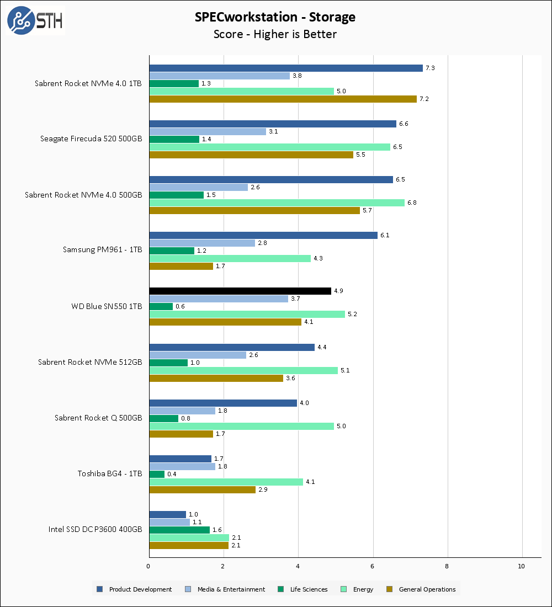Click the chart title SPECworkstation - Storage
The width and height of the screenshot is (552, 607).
(275, 17)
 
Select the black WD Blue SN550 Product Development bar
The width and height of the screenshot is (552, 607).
(240, 291)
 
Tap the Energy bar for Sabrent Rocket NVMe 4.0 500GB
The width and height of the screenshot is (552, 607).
(277, 203)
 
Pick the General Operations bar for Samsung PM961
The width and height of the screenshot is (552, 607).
(181, 266)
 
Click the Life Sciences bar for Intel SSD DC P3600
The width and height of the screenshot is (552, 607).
(179, 530)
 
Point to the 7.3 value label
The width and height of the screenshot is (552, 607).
(430, 68)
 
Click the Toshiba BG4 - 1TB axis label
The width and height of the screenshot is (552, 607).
(109, 473)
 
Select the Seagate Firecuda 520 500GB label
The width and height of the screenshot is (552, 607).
(91, 139)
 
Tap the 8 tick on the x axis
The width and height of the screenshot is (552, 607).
(448, 566)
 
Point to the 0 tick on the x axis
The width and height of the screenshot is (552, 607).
(149, 566)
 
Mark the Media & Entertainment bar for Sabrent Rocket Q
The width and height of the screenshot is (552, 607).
(182, 411)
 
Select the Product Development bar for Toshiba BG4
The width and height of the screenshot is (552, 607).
(181, 459)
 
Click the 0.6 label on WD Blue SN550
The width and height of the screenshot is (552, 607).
(180, 306)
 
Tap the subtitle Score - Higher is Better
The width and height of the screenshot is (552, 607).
(275, 34)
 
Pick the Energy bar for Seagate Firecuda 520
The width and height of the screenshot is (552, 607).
(270, 147)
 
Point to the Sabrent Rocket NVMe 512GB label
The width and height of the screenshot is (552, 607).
(90, 362)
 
